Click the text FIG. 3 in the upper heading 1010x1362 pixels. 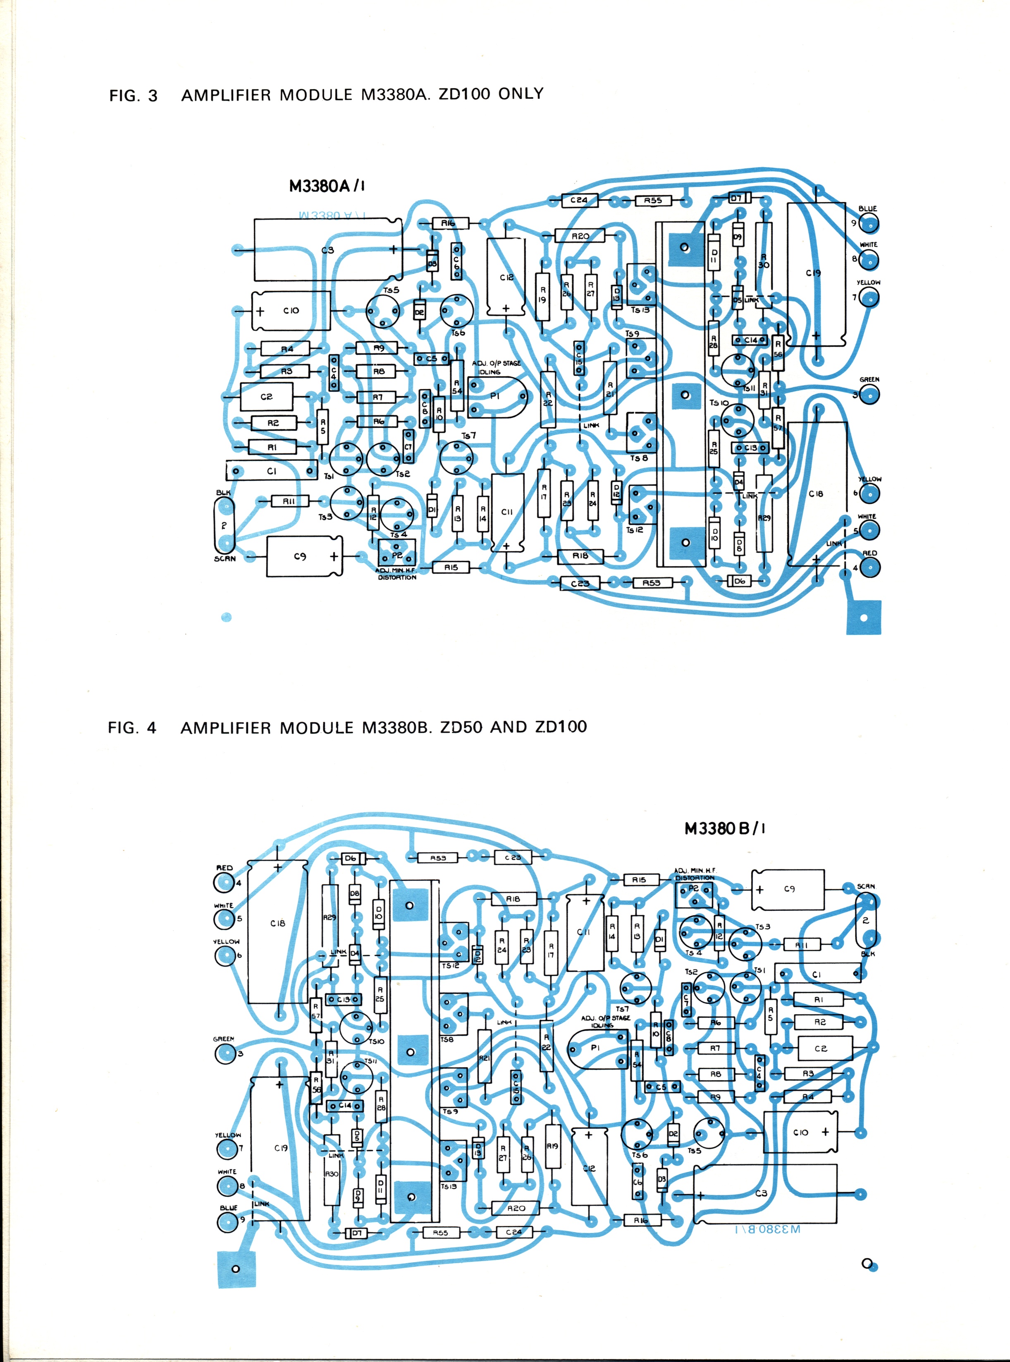point(133,96)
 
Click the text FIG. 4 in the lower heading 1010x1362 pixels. point(132,728)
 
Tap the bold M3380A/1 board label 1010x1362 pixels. point(327,186)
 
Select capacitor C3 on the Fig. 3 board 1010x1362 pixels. point(328,249)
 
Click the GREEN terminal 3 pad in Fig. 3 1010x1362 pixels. point(869,395)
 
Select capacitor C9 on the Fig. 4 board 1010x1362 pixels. point(789,889)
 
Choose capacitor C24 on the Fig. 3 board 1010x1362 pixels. point(578,200)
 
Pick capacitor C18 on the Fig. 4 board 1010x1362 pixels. point(277,924)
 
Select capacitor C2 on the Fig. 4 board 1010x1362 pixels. point(821,1048)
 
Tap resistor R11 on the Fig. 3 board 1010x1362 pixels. point(289,501)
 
